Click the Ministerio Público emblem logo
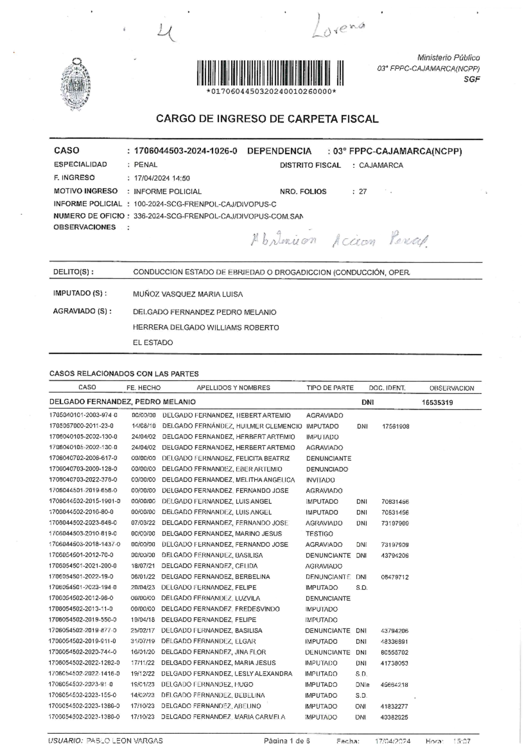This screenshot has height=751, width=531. click(x=75, y=84)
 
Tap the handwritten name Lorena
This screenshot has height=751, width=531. click(x=339, y=27)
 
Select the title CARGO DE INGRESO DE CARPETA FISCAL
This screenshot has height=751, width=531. click(x=267, y=119)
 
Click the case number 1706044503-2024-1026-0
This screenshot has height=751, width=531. click(x=185, y=151)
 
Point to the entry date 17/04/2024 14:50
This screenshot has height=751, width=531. click(x=162, y=178)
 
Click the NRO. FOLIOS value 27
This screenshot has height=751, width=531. click(x=362, y=192)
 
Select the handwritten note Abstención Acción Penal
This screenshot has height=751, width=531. click(x=339, y=240)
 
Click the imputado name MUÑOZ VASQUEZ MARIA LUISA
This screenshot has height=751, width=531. click(x=188, y=294)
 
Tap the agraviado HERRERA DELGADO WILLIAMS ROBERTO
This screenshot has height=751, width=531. click(x=206, y=328)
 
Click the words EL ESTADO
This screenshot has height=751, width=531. click(x=153, y=343)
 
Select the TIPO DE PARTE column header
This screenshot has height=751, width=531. click(x=330, y=388)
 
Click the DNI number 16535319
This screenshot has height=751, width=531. click(x=437, y=403)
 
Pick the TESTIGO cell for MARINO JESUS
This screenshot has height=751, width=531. click(x=319, y=534)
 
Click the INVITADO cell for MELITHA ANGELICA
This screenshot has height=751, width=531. click(x=320, y=480)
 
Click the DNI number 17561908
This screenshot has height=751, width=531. click(x=395, y=426)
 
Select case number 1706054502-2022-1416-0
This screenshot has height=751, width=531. click(x=84, y=674)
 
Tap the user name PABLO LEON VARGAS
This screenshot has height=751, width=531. click(x=124, y=740)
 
